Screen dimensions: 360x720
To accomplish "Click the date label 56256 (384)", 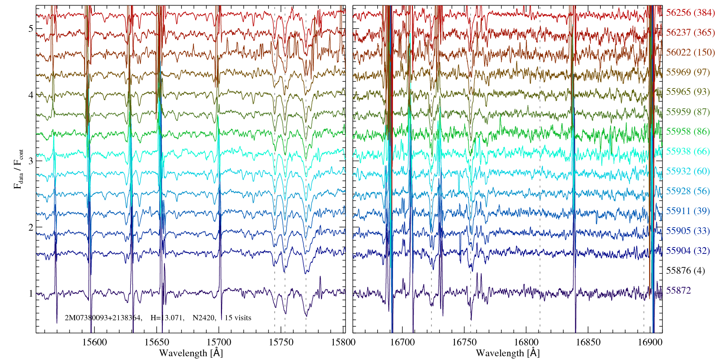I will (x=690, y=13).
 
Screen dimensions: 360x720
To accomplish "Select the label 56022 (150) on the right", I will (x=690, y=52).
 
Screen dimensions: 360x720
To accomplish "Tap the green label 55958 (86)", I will (x=688, y=132).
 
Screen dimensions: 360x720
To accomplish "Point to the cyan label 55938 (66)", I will (x=688, y=151).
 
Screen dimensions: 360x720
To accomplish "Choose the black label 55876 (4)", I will (x=685, y=271).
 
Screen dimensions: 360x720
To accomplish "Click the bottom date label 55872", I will (x=678, y=291).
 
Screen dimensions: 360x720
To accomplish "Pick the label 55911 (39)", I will (x=688, y=211).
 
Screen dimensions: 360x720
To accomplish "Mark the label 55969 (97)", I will (x=688, y=72).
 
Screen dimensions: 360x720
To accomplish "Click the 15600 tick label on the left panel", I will (x=95, y=342).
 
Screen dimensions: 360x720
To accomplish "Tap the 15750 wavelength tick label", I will (x=282, y=342).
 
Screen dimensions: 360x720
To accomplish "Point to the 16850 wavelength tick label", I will (x=588, y=342).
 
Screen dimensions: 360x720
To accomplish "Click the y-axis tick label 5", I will (x=31, y=29).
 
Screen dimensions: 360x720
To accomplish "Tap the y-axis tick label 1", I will (x=31, y=294).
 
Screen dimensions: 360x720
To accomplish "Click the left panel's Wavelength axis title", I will (x=191, y=353).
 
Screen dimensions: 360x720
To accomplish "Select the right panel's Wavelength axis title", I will (x=507, y=353).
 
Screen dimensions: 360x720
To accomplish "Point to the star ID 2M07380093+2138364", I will (x=103, y=318).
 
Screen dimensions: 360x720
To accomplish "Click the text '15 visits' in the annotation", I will (x=238, y=318).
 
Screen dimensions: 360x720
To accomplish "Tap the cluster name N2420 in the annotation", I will (x=204, y=318).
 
